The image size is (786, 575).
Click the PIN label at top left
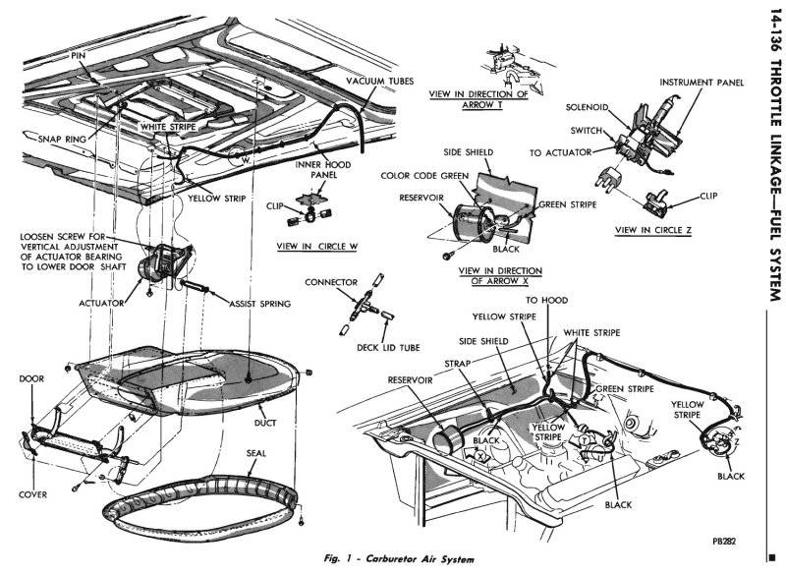[x=80, y=57]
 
